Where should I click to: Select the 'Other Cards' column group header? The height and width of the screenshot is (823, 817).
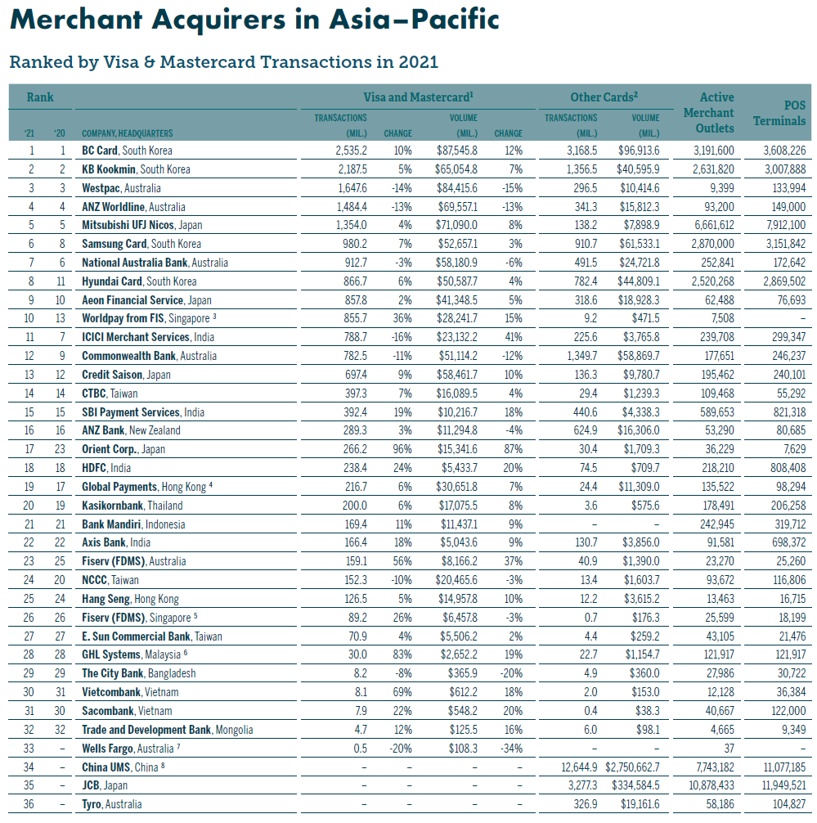601,97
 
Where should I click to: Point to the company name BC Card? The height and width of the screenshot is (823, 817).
100,151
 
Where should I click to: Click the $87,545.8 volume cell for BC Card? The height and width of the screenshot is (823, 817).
458,151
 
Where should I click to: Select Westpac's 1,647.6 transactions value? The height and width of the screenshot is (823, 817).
351,188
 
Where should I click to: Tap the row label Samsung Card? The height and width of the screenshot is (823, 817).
114,244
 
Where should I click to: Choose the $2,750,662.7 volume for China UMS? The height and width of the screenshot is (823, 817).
632,767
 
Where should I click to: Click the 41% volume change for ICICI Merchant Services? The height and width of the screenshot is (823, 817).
513,337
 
